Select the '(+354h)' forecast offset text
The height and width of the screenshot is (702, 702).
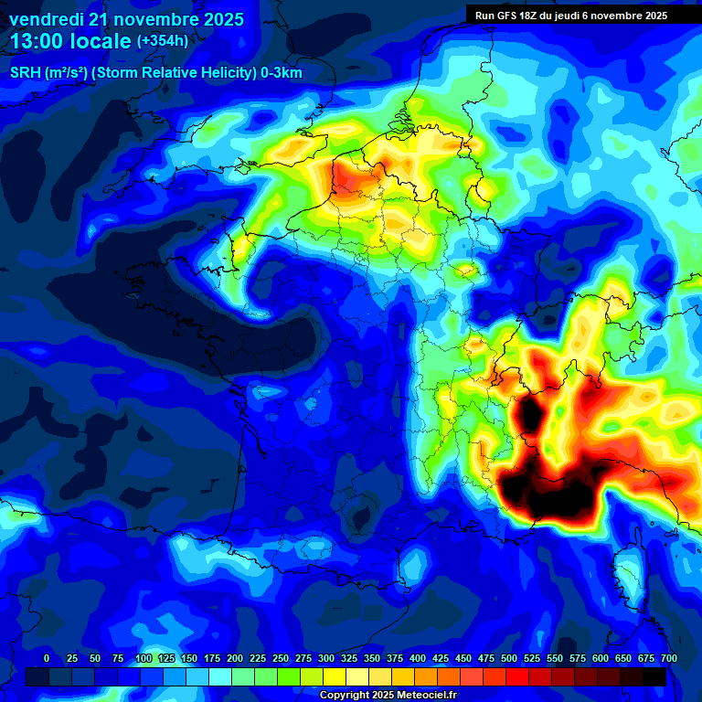tap(163, 41)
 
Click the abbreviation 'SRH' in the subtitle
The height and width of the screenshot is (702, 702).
tap(25, 73)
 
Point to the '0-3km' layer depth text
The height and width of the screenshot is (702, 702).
tap(282, 73)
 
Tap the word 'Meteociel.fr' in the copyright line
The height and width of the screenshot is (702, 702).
tap(433, 696)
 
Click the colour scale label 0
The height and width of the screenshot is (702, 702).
tap(47, 658)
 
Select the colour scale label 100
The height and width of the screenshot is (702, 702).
tap(144, 658)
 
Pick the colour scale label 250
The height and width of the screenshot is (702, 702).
tap(281, 658)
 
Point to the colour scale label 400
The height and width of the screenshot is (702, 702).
tap(418, 658)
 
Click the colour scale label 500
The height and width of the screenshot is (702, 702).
tap(509, 658)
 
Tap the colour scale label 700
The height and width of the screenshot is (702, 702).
tap(668, 658)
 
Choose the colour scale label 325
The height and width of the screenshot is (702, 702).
tap(349, 658)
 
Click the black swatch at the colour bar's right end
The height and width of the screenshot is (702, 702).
tap(654, 676)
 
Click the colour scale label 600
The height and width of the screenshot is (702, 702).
tap(601, 658)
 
